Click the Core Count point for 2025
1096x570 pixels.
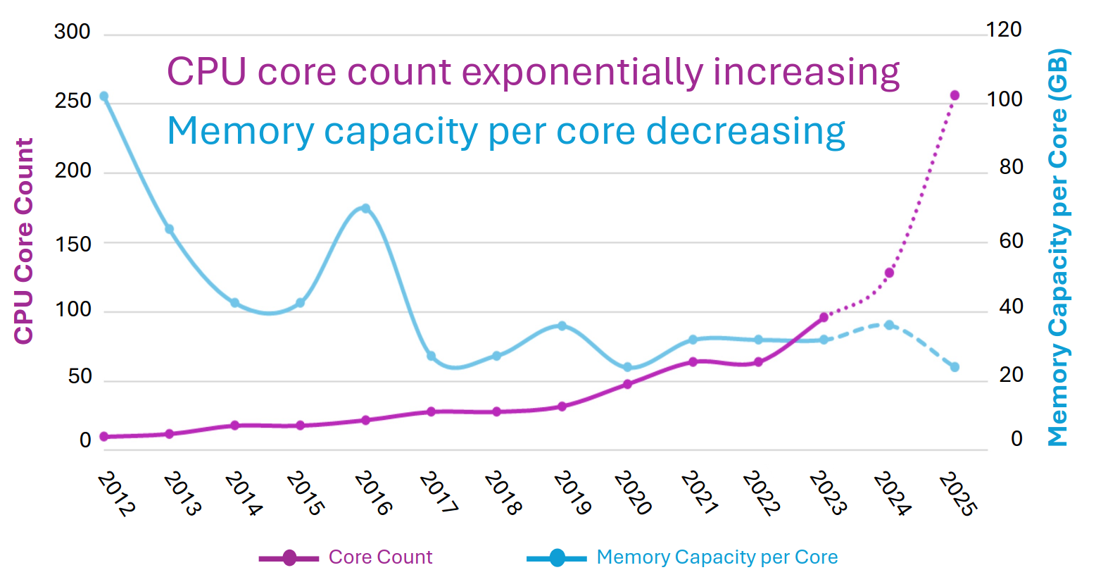point(955,95)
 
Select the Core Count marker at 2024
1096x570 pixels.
point(889,273)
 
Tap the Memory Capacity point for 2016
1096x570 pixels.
point(365,208)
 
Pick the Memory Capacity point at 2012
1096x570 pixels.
point(103,96)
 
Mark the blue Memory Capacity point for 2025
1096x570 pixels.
point(955,367)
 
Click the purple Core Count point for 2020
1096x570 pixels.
point(627,384)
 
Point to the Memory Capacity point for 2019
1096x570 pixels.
point(562,326)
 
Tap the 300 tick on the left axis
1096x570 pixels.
point(73,32)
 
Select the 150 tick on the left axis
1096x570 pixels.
point(73,244)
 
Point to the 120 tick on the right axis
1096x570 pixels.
point(1004,30)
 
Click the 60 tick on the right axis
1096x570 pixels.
point(1011,241)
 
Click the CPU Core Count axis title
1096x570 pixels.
point(24,241)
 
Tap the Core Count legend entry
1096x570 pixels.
point(380,557)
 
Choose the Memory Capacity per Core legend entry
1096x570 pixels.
point(717,557)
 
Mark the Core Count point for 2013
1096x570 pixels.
point(169,433)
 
